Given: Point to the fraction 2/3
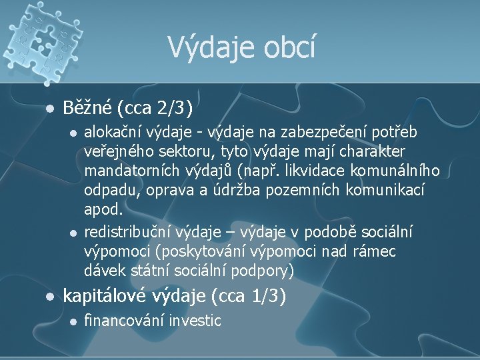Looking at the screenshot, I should (175, 107).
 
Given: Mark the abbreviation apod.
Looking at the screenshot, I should (104, 209).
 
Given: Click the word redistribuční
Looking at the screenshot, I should (127, 231).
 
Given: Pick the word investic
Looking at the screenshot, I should (195, 320).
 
